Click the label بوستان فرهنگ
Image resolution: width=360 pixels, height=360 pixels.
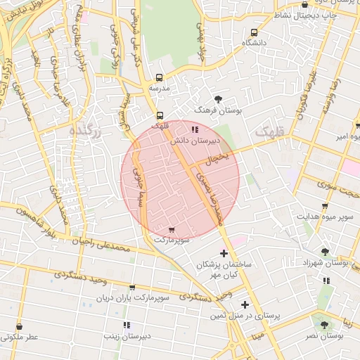pos(218,111)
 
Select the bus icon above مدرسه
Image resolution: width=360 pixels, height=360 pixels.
pos(160,77)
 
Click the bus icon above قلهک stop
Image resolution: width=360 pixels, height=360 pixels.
pos(160,115)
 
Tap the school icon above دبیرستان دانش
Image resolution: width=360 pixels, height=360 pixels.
pos(194,129)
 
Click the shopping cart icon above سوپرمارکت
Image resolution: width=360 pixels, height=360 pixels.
pos(172,230)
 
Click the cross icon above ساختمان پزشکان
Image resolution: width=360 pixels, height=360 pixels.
pos(224,253)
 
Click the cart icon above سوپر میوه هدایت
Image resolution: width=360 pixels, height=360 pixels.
pos(323,206)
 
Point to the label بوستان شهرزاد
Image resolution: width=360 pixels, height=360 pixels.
pos(324,262)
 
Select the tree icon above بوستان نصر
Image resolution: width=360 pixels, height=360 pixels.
pos(323,325)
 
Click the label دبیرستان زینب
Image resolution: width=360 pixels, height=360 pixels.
pos(127,337)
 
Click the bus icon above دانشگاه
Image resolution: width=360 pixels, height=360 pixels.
pos(254,32)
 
